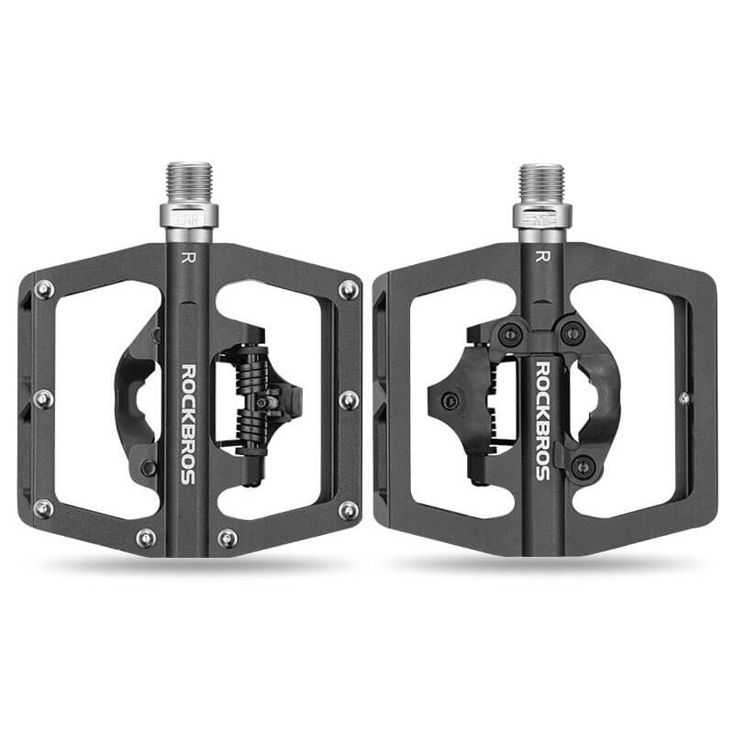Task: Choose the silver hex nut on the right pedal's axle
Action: (540, 217)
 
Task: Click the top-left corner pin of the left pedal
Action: (43, 290)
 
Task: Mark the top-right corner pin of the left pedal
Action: (349, 290)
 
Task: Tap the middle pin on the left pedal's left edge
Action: (42, 399)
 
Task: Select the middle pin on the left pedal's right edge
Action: (349, 399)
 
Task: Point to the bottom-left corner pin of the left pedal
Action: (42, 508)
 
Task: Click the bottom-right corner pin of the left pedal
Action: (349, 509)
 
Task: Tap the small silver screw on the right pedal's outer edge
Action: (684, 397)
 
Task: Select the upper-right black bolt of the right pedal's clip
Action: (573, 331)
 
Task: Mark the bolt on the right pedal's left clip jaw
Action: (450, 400)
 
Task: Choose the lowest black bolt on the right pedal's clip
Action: (580, 465)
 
